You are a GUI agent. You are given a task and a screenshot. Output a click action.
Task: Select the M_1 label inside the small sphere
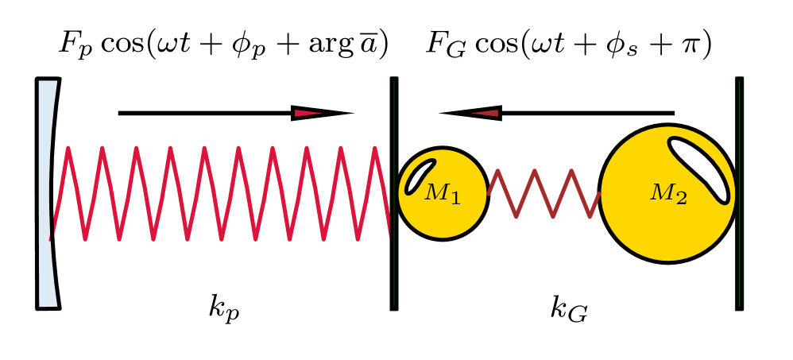[x=443, y=193]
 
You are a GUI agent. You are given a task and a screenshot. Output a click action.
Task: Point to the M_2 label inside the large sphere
[x=668, y=194]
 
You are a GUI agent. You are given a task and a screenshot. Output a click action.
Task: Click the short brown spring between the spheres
[x=543, y=193]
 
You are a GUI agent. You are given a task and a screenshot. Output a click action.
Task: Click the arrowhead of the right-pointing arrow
[x=318, y=113]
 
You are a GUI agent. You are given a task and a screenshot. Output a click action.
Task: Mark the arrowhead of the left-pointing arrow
[x=474, y=113]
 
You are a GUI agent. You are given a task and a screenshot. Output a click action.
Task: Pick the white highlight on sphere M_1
[x=420, y=176]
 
